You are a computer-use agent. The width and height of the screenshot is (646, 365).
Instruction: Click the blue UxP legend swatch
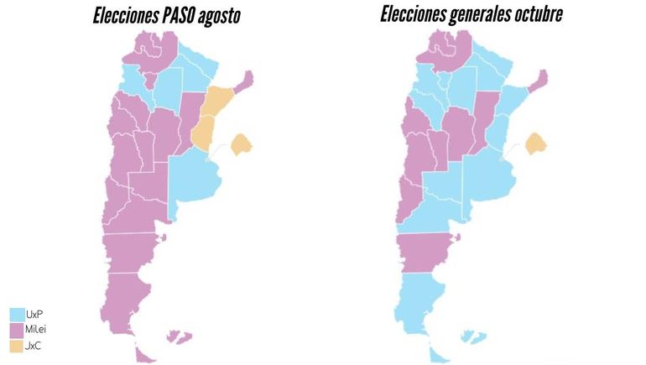click(x=16, y=314)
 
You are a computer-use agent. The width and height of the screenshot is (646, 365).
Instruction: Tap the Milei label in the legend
click(x=38, y=329)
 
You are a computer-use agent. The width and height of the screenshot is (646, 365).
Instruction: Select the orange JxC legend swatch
click(x=16, y=346)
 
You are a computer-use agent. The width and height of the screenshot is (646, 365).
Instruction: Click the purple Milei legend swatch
click(x=16, y=330)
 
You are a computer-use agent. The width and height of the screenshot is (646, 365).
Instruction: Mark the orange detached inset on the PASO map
click(x=242, y=144)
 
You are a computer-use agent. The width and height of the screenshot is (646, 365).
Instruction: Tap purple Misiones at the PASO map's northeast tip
click(x=245, y=83)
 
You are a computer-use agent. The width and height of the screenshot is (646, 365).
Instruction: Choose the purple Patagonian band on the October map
click(x=426, y=250)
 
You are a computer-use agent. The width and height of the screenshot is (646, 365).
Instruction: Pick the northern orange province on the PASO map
click(x=220, y=101)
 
